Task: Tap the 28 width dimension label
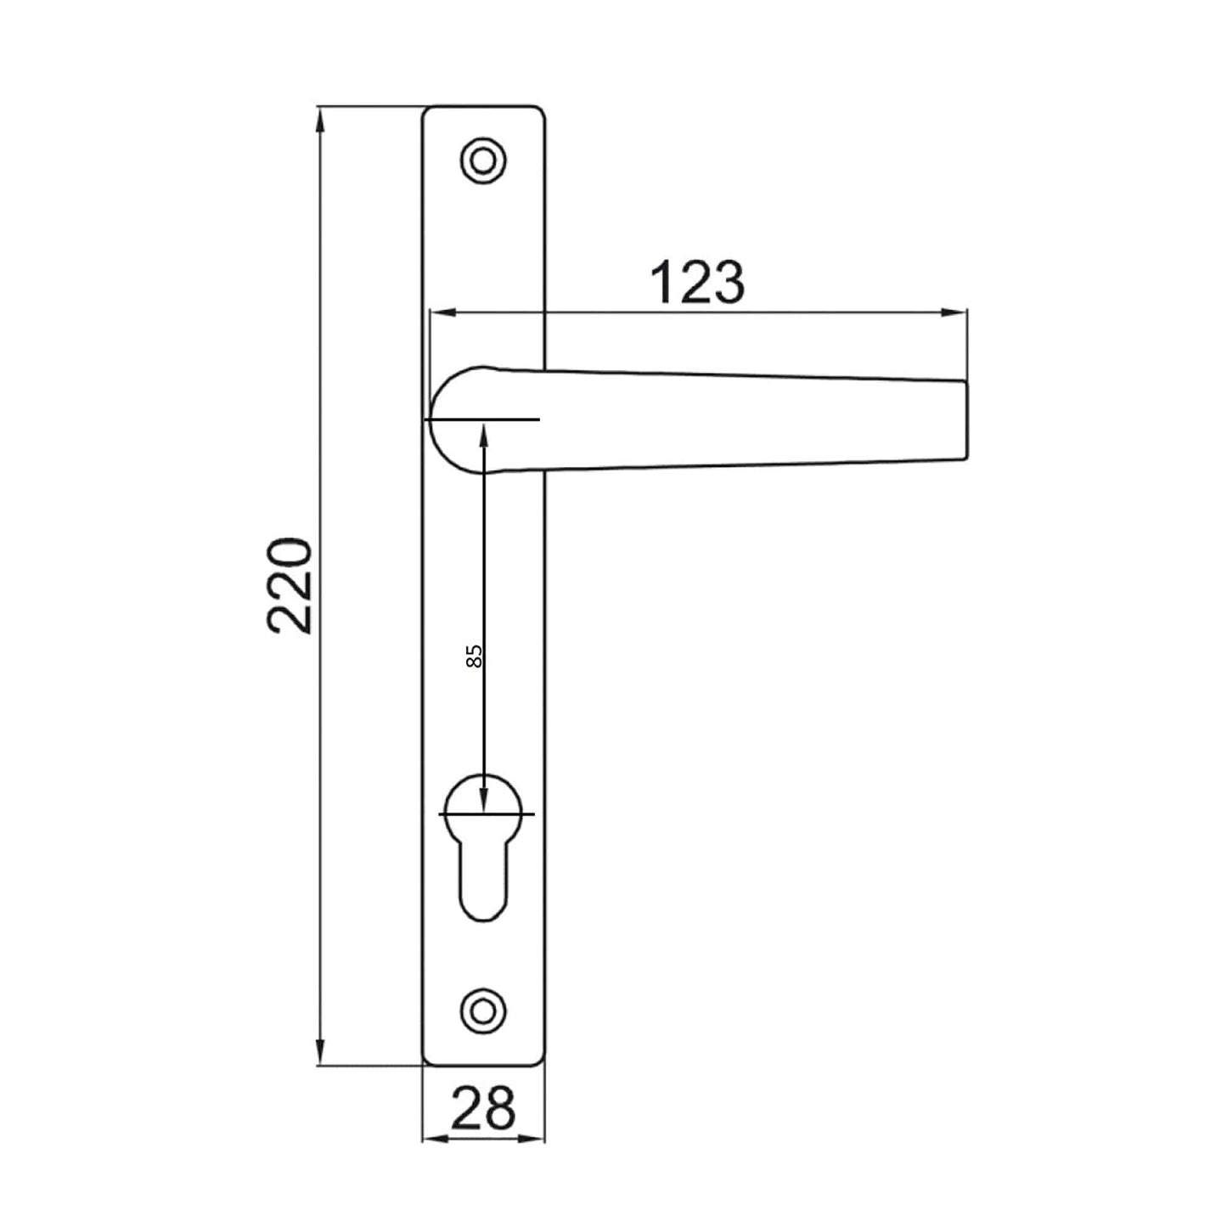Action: pos(483,1107)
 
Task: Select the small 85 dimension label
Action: pos(475,655)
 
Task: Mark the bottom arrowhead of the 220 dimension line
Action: pos(320,1054)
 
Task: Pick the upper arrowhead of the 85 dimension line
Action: pos(483,434)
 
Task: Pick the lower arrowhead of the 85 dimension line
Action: pos(483,802)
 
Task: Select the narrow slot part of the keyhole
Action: pos(482,883)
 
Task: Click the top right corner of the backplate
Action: pos(543,109)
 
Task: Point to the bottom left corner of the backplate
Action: pos(425,1062)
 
